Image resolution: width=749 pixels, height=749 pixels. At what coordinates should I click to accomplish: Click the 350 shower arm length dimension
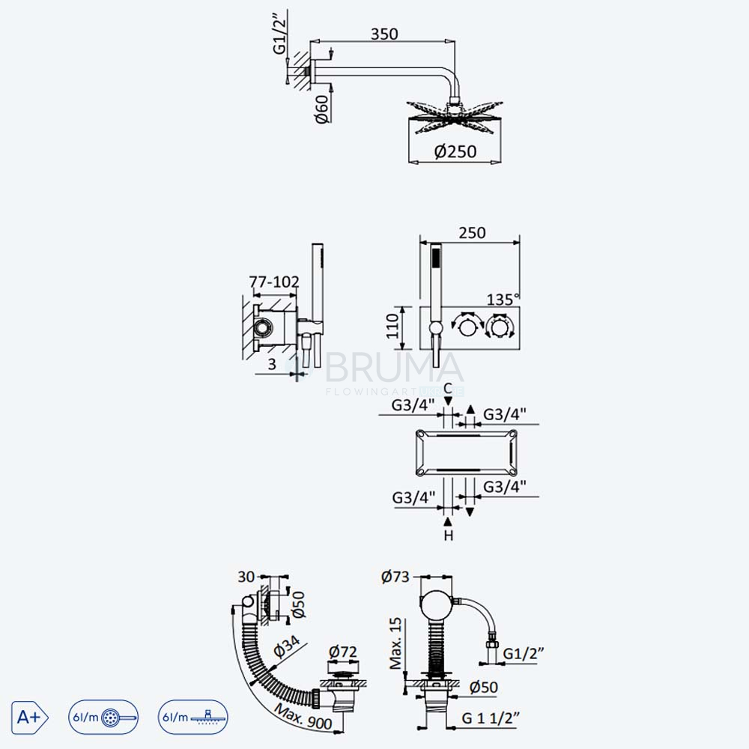pyautogui.click(x=384, y=34)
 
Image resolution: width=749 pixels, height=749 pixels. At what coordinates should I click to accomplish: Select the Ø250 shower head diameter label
pyautogui.click(x=455, y=151)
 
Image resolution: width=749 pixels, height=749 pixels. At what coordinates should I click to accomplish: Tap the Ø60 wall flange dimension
pyautogui.click(x=323, y=109)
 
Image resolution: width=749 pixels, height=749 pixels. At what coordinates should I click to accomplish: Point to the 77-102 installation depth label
pyautogui.click(x=274, y=282)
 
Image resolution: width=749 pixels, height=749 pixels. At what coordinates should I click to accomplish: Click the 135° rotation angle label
pyautogui.click(x=503, y=300)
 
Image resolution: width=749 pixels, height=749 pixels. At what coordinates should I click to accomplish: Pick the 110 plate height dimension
pyautogui.click(x=392, y=327)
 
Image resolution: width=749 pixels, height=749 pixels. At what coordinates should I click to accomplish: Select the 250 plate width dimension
pyautogui.click(x=472, y=233)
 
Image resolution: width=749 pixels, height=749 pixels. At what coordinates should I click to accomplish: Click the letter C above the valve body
pyautogui.click(x=448, y=388)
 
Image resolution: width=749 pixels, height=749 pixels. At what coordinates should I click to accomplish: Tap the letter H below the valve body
pyautogui.click(x=448, y=536)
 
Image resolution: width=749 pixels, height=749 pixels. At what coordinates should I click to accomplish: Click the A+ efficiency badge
pyautogui.click(x=30, y=717)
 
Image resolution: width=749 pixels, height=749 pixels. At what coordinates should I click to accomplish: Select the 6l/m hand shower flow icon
pyautogui.click(x=103, y=717)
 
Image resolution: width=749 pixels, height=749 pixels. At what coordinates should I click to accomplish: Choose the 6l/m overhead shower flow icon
pyautogui.click(x=193, y=717)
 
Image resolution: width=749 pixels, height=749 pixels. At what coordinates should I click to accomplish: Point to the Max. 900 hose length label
pyautogui.click(x=303, y=717)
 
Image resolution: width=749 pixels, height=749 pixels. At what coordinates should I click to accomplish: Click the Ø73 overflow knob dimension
pyautogui.click(x=395, y=577)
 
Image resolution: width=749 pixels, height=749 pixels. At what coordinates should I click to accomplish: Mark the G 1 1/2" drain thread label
pyautogui.click(x=491, y=718)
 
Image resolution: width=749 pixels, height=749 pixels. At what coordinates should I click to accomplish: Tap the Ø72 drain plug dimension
pyautogui.click(x=343, y=652)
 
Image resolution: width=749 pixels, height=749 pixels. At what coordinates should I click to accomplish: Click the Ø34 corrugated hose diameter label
pyautogui.click(x=287, y=647)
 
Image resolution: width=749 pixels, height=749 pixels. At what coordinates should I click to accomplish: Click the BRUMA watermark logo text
pyautogui.click(x=393, y=367)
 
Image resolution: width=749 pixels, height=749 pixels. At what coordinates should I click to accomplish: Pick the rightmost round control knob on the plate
pyautogui.click(x=499, y=327)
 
